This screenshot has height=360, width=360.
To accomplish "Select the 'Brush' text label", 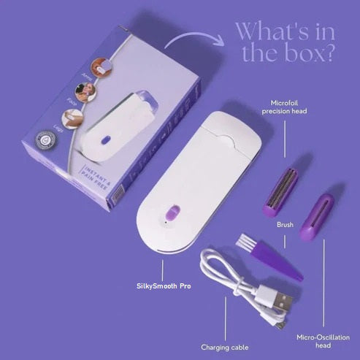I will pyautogui.click(x=285, y=225).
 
